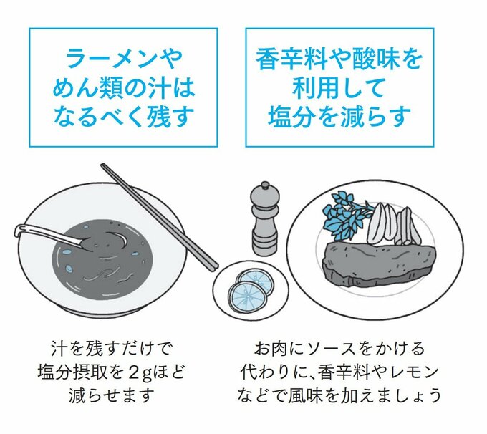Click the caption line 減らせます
[110, 394]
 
